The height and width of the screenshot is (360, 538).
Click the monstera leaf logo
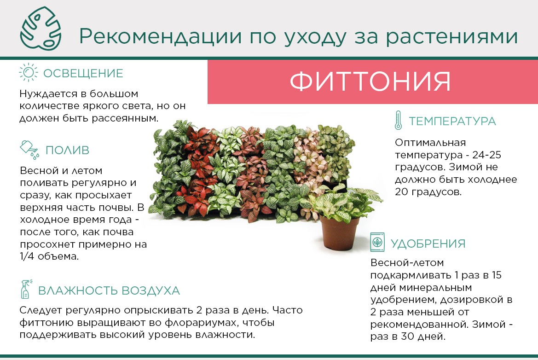pos(41,29)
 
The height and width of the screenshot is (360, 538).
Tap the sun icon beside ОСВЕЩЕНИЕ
pos(28,72)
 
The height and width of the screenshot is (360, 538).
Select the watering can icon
pos(29,150)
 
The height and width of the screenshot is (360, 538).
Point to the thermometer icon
pos(398,120)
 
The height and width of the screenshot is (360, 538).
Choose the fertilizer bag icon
pos(377,242)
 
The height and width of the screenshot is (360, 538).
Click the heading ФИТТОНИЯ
pos(370,81)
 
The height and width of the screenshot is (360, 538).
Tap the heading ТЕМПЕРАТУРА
pos(452,121)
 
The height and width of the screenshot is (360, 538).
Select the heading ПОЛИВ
pos(67,150)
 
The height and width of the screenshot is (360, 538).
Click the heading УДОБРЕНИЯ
pos(428,244)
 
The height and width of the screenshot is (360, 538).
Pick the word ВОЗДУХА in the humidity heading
pos(150,290)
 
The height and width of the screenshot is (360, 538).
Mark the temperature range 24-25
pos(486,155)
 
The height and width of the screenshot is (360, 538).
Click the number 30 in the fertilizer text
pos(407,337)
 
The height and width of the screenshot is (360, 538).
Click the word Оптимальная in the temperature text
pos(430,142)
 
